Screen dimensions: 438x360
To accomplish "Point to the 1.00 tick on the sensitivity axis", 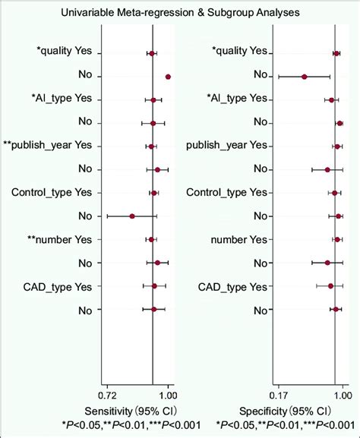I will (168, 395).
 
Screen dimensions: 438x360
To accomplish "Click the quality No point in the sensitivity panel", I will (168, 76).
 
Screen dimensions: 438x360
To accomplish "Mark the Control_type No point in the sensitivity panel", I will (132, 216).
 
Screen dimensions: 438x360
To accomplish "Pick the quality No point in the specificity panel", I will (304, 76).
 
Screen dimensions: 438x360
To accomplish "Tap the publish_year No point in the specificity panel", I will (327, 169).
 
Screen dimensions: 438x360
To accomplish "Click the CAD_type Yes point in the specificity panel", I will (330, 286).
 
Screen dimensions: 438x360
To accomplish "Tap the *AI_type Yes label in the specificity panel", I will (237, 99).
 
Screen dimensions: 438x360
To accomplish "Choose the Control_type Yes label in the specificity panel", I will (229, 193).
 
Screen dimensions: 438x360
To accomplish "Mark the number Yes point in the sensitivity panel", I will (151, 240).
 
